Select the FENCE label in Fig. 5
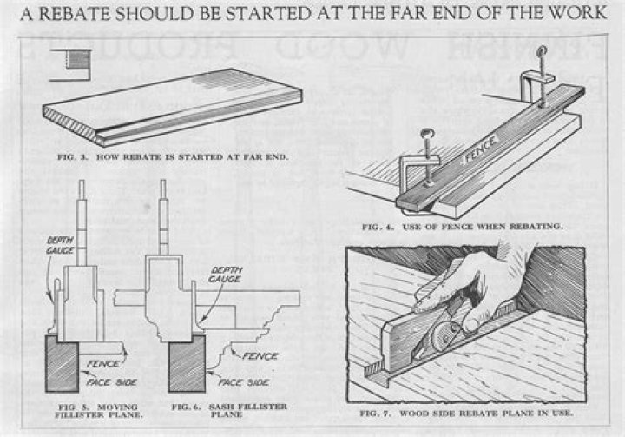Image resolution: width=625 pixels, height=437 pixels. pyautogui.click(x=97, y=362)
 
